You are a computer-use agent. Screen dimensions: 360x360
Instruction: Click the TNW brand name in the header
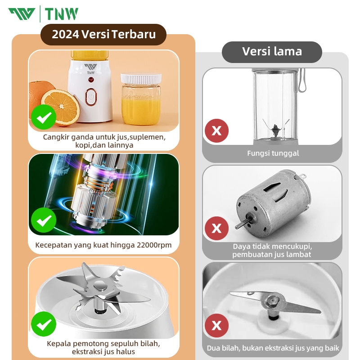point(61,14)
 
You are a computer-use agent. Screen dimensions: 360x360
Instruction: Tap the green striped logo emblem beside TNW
point(22,14)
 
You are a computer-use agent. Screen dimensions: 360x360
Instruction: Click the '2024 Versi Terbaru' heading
point(104,34)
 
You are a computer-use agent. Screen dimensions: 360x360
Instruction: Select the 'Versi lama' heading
point(272,51)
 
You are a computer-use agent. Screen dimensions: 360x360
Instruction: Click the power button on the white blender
point(91,97)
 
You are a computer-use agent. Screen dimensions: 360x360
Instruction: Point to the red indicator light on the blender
point(91,80)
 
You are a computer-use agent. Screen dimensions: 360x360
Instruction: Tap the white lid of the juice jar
point(141,78)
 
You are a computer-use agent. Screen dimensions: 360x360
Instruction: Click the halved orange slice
point(61,107)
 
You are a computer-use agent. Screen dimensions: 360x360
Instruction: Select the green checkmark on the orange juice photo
point(44,117)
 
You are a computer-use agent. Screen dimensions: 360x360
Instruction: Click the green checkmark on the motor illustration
point(44,220)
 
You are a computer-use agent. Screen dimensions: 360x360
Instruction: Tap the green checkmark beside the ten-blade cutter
point(44,324)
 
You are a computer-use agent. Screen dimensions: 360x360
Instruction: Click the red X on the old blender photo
point(216,130)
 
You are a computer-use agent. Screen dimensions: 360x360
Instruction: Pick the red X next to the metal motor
point(216,228)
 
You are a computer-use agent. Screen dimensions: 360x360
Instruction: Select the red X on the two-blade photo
point(216,325)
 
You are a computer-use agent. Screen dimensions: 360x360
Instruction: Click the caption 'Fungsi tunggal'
point(273,153)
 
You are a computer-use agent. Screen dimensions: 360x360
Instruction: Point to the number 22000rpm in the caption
point(154,245)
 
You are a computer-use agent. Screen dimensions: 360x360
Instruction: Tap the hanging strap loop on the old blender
point(301,81)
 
